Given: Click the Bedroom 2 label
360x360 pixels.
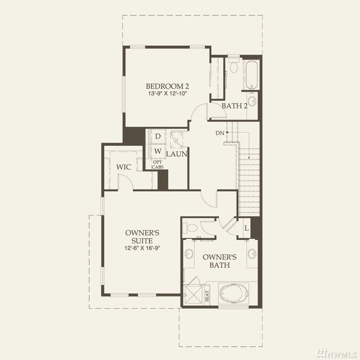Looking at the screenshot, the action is click(x=167, y=86).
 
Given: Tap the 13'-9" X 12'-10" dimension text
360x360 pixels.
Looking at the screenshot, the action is click(x=168, y=94).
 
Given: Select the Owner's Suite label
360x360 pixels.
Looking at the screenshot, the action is click(x=142, y=237).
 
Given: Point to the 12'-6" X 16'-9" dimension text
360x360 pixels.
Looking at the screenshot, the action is click(x=142, y=248).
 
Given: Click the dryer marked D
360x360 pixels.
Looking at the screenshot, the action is click(x=157, y=136).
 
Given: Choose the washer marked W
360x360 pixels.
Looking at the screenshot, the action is click(x=157, y=151).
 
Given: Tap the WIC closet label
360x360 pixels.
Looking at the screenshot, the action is click(x=123, y=167).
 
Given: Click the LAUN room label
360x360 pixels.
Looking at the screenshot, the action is click(x=177, y=154).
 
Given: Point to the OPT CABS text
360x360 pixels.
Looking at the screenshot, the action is click(x=157, y=165).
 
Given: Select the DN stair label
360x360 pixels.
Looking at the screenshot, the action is click(x=220, y=133).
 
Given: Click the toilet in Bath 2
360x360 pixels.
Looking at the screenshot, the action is click(x=234, y=65).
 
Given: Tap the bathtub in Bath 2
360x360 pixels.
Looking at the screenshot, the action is click(x=252, y=75).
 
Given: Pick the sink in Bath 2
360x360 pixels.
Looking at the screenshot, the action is click(x=252, y=101).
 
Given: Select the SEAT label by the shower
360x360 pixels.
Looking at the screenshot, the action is click(x=207, y=296).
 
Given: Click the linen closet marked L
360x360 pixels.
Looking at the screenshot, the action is click(x=247, y=228).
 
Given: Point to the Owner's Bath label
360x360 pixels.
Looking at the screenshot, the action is click(x=220, y=261).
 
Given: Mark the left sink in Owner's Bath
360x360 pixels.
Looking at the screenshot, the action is click(x=189, y=254).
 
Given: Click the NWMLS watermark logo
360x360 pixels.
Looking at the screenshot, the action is click(x=336, y=354).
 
